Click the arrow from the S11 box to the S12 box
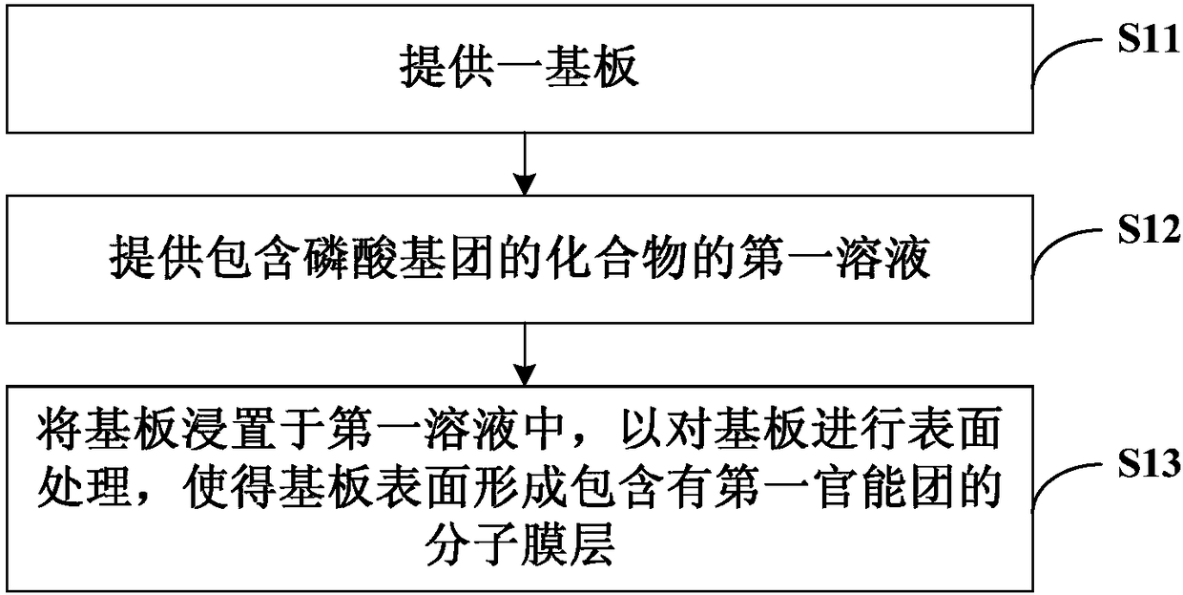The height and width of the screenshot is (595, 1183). pos(525,164)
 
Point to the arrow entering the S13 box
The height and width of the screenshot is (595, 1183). pos(525,354)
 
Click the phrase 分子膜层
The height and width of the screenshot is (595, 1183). pos(520,544)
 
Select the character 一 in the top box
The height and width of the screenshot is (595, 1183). pos(520,68)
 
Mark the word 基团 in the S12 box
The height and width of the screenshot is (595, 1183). pos(447,259)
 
